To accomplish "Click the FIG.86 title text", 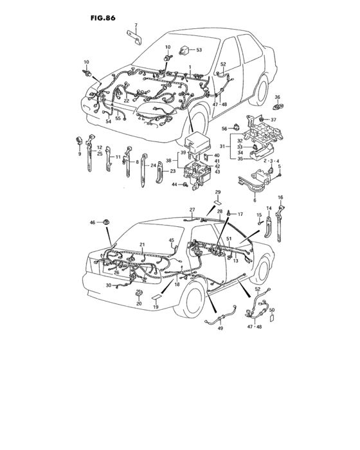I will (94, 11).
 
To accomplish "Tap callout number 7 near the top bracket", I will (136, 25).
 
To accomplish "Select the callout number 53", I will (199, 50).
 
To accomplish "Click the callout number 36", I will (278, 97).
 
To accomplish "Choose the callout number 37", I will (273, 119).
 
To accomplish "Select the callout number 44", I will (174, 184).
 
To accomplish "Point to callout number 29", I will (217, 192).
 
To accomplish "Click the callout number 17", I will (242, 213).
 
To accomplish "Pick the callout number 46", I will (93, 222).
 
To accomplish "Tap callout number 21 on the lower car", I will (142, 244).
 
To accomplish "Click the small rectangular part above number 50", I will (271, 319).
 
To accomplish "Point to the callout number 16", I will (280, 197).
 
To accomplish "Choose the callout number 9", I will (80, 154).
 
